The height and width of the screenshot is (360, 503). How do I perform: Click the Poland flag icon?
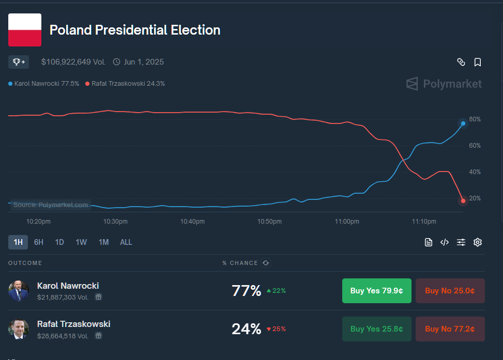tap(25, 30)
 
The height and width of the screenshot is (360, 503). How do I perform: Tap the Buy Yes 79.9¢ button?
tap(376, 291)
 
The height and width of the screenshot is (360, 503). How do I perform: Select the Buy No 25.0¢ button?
tap(450, 291)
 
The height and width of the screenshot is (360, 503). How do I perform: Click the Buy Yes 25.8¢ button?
tap(376, 329)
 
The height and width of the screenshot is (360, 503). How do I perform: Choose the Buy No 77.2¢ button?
tap(450, 329)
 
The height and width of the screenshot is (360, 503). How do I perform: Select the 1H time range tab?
tap(18, 242)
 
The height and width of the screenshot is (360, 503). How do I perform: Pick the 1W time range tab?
tap(81, 242)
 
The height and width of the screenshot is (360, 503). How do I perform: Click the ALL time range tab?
tap(126, 242)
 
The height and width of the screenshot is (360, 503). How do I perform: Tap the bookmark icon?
tap(478, 62)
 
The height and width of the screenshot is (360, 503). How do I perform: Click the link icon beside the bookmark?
tap(461, 62)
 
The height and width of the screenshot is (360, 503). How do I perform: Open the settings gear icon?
tap(478, 242)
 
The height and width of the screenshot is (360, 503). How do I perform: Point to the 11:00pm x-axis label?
tap(347, 222)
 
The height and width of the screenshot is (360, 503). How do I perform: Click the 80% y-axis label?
tap(475, 119)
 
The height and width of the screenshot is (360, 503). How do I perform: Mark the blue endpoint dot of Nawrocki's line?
tap(463, 123)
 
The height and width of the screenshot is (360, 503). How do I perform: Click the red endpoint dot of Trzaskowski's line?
tap(463, 201)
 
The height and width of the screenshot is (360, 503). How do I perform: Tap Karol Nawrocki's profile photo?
tap(19, 291)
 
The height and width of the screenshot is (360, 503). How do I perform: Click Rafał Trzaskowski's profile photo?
tap(19, 329)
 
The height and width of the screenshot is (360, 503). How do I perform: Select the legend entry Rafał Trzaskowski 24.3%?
tap(126, 84)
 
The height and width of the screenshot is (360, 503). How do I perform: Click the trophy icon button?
tap(19, 62)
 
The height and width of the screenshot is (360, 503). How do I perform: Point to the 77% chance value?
tap(247, 291)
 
